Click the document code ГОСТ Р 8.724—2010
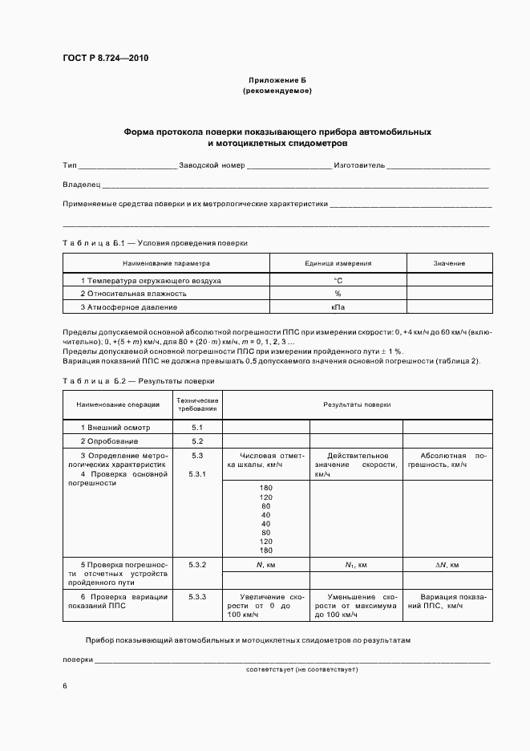[x=105, y=59]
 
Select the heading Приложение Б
[x=277, y=81]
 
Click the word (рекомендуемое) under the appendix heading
[x=277, y=91]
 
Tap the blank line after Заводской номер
[x=289, y=166]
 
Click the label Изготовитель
[x=358, y=165]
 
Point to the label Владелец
[x=79, y=185]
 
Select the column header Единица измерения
[x=338, y=263]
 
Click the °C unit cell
[x=338, y=281]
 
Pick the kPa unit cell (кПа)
[x=338, y=307]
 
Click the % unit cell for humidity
[x=338, y=294]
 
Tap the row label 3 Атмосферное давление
[x=129, y=307]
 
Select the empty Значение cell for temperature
[x=449, y=281]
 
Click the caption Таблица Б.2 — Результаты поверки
[x=138, y=381]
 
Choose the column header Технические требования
[x=197, y=404]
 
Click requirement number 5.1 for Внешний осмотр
[x=197, y=428]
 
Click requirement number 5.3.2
[x=197, y=566]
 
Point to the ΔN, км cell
[x=447, y=566]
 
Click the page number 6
[x=65, y=687]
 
